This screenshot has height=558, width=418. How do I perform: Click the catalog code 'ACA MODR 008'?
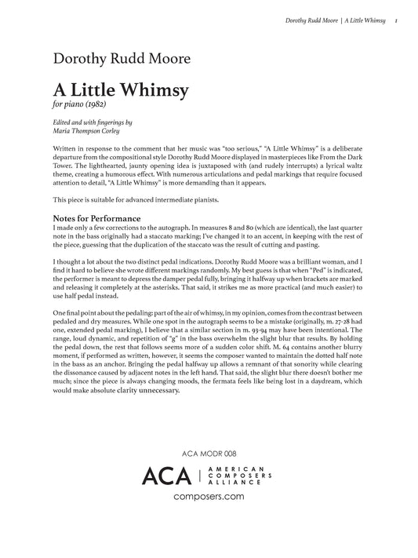pos(208,453)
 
